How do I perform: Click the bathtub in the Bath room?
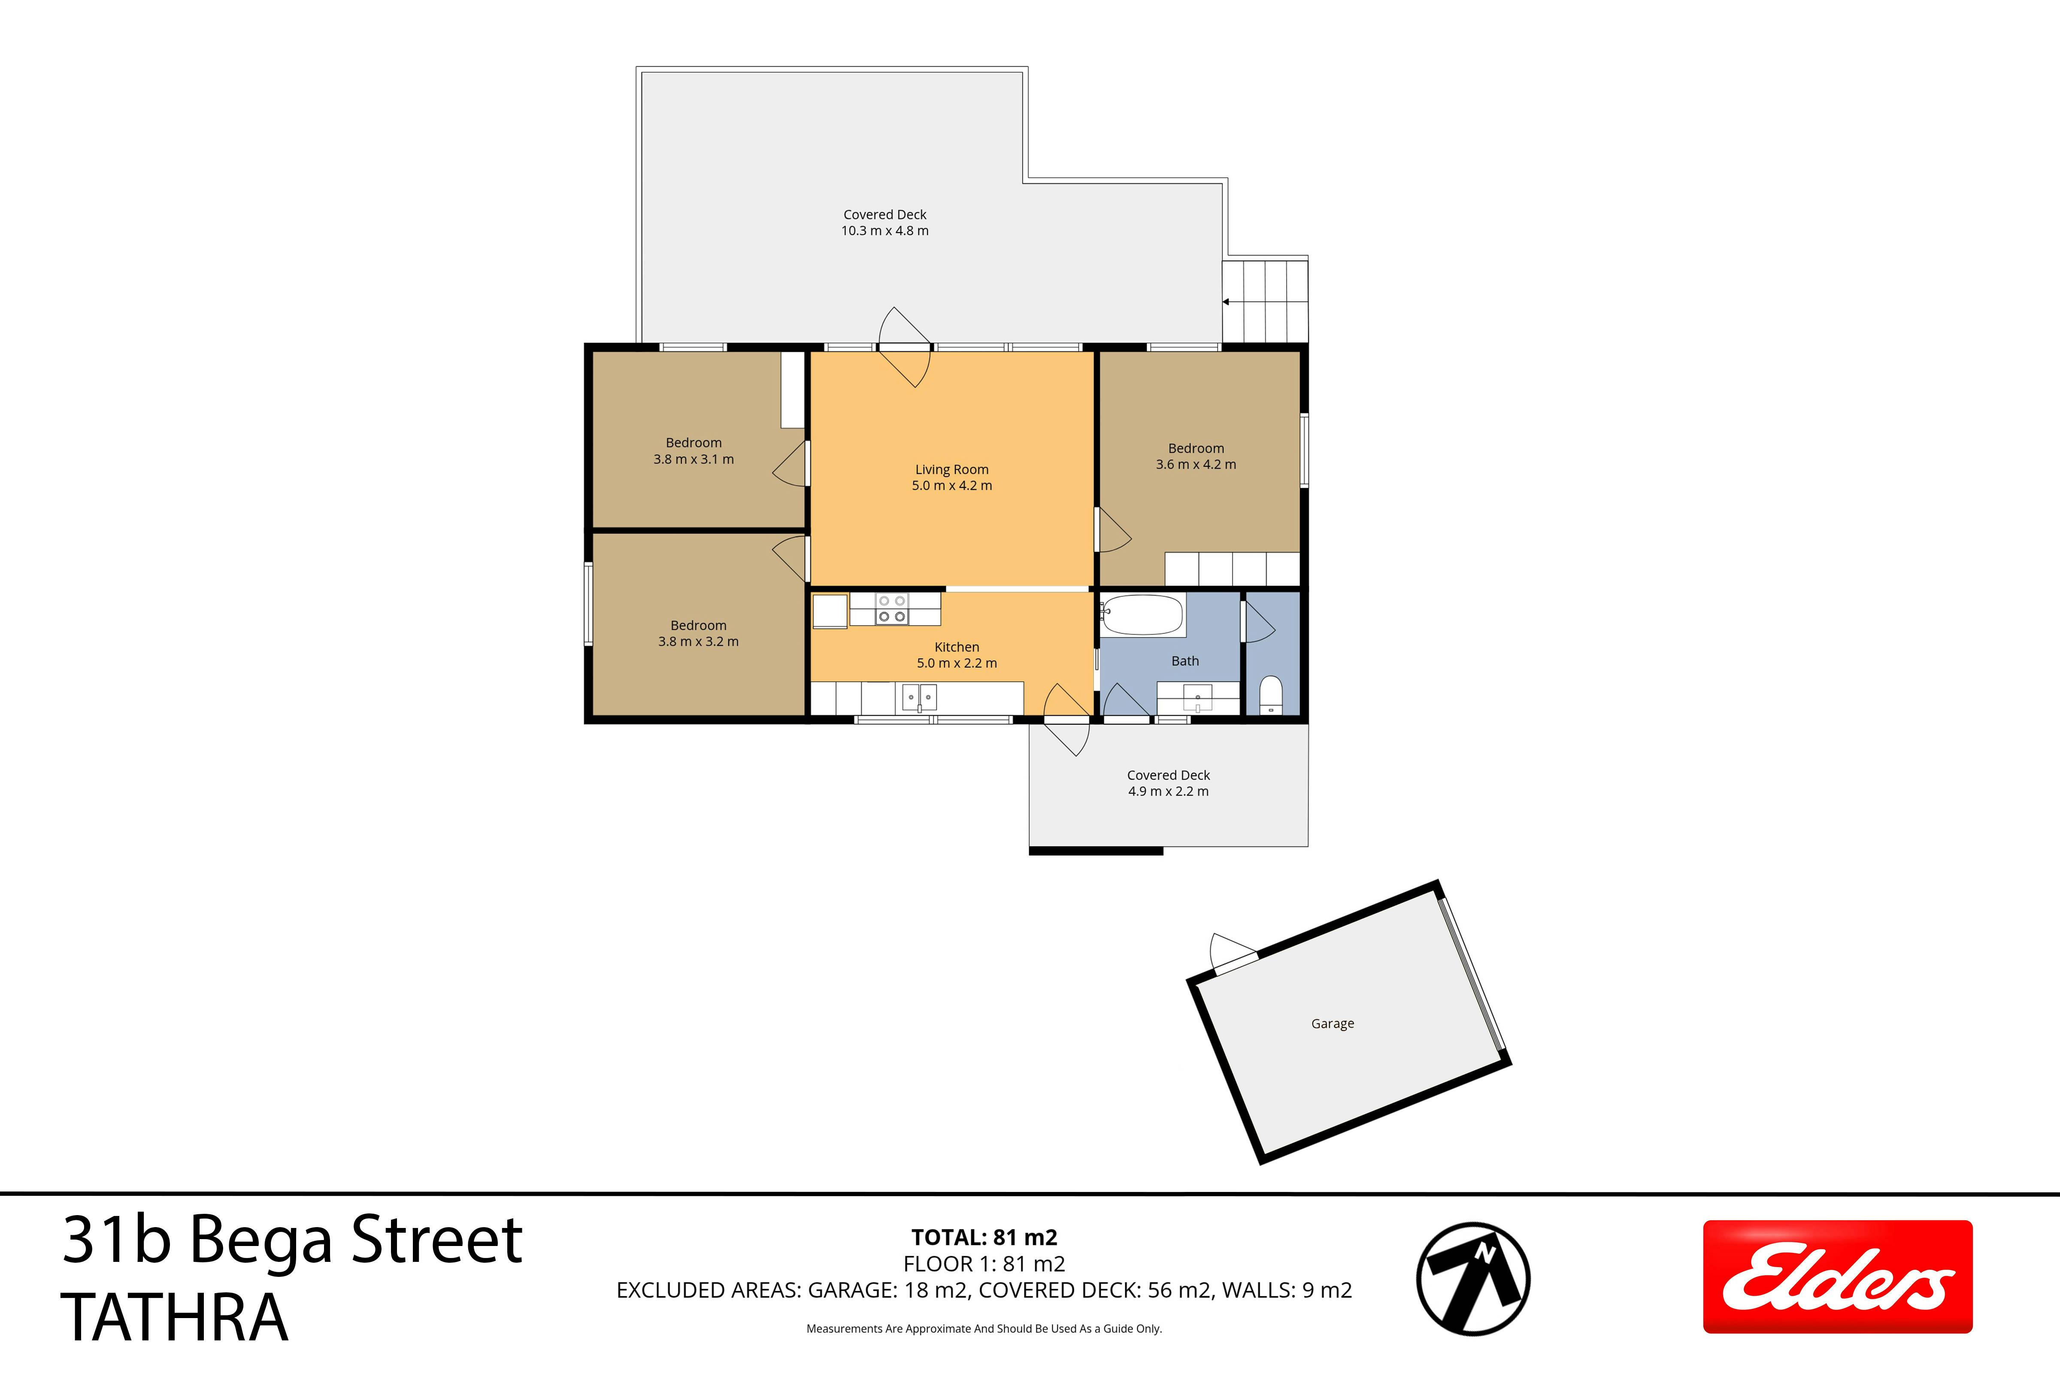[1143, 615]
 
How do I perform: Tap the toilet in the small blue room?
[1271, 694]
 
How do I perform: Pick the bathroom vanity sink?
[1197, 699]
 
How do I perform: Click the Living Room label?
[952, 469]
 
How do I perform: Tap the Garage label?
[1332, 1024]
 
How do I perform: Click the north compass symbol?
[1473, 1279]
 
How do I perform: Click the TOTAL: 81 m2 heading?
[985, 1237]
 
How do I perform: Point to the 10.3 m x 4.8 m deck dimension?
[885, 230]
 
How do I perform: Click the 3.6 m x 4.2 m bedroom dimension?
[1196, 464]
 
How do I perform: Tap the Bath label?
[1185, 661]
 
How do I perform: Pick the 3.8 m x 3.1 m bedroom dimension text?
[694, 459]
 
